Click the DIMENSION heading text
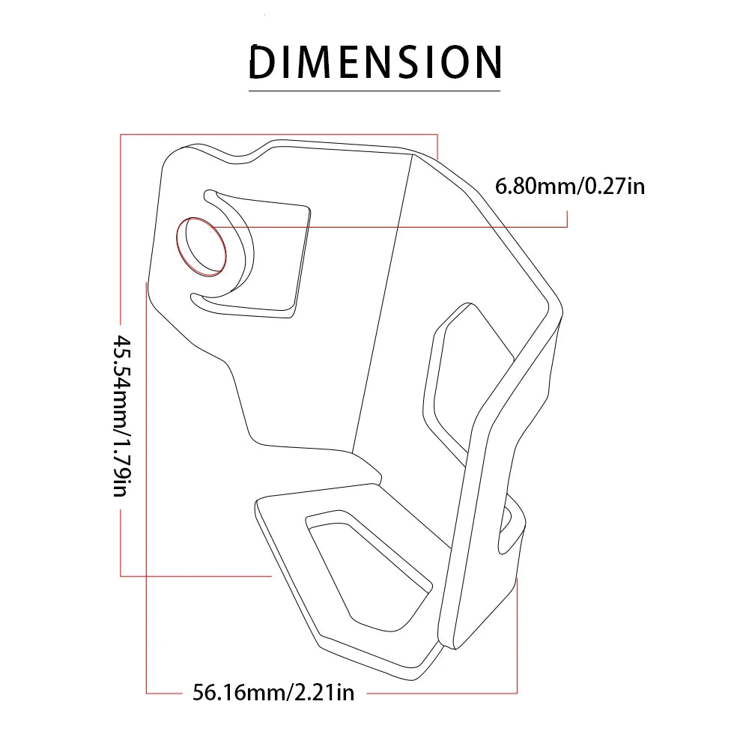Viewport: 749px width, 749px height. [x=375, y=61]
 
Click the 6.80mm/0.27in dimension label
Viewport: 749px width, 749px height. [x=570, y=186]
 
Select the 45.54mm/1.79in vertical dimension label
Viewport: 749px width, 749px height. [x=122, y=416]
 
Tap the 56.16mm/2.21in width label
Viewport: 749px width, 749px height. [x=273, y=692]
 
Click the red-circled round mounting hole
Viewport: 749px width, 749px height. [x=201, y=246]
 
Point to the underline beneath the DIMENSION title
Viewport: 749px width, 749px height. [x=374, y=91]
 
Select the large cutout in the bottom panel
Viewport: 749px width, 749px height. [x=368, y=571]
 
